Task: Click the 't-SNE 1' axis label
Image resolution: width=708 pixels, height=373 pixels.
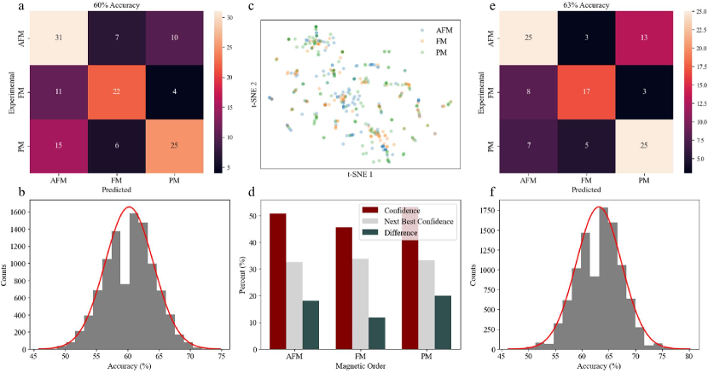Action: click(359, 174)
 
